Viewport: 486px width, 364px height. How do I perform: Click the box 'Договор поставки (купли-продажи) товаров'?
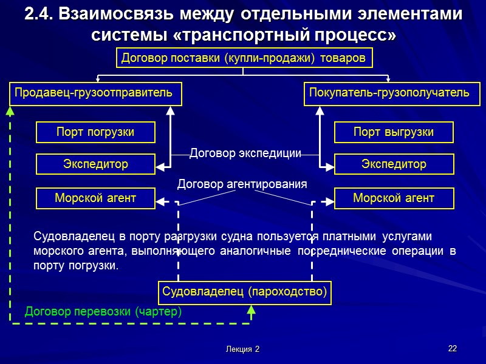coord(244,58)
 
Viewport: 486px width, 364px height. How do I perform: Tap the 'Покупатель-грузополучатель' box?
coord(389,93)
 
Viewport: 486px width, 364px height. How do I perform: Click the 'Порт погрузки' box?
coord(95,132)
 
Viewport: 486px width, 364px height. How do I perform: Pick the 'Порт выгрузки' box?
coord(394,132)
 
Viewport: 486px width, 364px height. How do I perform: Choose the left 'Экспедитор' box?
coord(95,164)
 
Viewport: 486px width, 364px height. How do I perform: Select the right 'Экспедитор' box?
coord(394,164)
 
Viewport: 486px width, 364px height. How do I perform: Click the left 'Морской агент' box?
coord(95,198)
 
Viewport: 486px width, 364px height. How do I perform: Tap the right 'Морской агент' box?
coord(394,198)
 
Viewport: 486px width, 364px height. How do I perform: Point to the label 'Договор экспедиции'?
coord(245,153)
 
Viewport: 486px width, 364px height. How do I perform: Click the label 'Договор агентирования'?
coord(242,184)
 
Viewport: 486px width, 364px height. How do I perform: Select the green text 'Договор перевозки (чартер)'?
coord(103,312)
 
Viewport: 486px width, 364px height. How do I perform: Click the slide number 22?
coord(452,348)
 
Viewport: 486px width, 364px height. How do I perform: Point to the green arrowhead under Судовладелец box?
coord(252,309)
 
